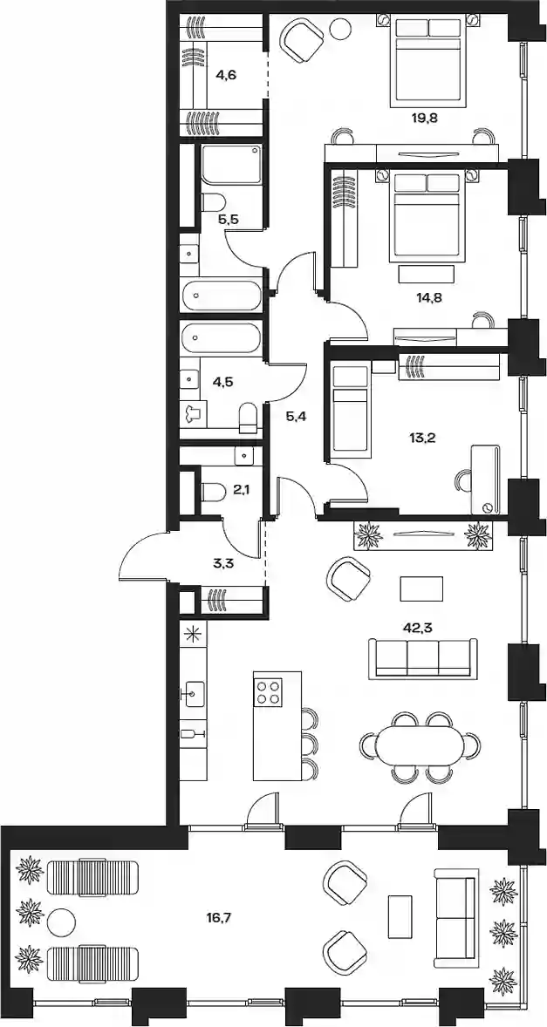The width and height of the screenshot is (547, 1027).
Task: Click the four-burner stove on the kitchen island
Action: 268,690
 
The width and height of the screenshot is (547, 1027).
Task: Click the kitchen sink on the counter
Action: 195,694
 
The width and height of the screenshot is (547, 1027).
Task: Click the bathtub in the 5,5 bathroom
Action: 221,296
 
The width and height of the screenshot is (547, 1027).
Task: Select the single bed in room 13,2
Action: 348,409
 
